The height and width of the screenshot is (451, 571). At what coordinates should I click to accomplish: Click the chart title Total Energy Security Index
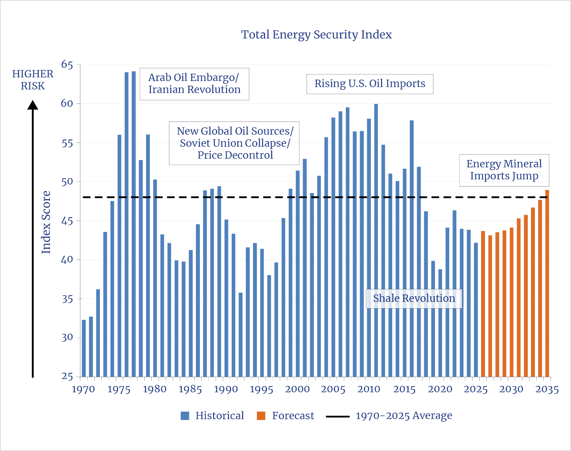[316, 35]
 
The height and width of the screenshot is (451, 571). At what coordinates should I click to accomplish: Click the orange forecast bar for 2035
[547, 283]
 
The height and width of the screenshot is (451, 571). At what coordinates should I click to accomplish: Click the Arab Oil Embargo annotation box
[194, 83]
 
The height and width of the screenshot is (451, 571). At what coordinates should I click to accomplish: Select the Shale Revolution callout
[414, 299]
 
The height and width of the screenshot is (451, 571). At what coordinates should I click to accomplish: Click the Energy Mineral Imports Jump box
[504, 170]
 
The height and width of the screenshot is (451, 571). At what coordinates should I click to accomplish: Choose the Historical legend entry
[212, 416]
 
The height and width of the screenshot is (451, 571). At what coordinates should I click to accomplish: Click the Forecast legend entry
[285, 416]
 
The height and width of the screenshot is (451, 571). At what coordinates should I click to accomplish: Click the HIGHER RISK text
[33, 80]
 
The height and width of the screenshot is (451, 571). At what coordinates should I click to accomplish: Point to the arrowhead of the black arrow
[33, 106]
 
